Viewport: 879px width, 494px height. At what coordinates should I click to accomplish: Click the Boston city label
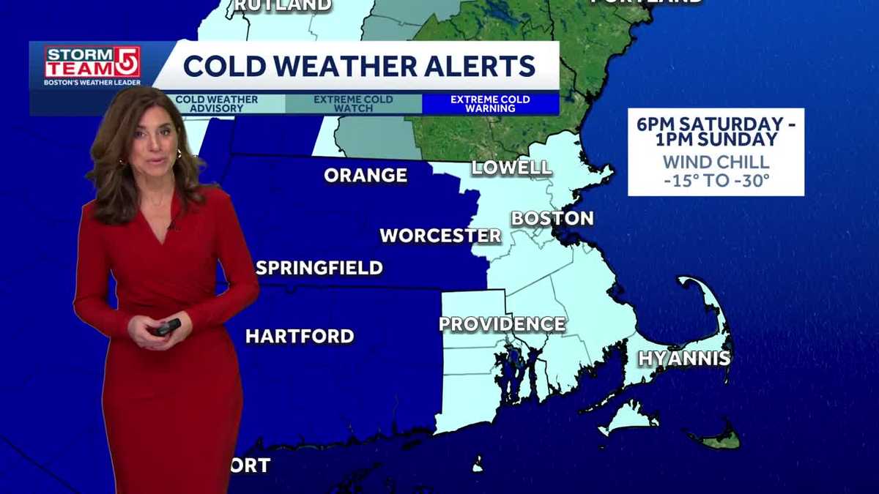552,218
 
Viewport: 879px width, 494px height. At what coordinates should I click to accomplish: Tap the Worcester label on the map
440,236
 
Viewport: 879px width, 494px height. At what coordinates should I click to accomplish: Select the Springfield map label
319,268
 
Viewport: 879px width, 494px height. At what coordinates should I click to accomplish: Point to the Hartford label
300,337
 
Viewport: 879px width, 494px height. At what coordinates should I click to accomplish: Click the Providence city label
502,324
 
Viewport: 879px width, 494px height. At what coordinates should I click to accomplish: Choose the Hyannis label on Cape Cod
684,359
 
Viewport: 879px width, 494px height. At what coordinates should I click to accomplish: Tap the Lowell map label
512,167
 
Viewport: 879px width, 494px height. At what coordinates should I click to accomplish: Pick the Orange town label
366,176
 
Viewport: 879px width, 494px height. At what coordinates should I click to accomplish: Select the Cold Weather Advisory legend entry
217,104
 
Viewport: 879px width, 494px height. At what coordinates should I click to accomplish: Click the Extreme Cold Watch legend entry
353,104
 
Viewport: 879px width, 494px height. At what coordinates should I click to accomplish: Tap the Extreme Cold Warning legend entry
490,104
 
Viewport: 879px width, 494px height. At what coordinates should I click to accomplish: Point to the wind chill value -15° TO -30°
716,179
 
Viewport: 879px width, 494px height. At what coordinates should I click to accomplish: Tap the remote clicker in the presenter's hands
167,327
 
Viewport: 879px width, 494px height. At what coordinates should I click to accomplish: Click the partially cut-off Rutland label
283,5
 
